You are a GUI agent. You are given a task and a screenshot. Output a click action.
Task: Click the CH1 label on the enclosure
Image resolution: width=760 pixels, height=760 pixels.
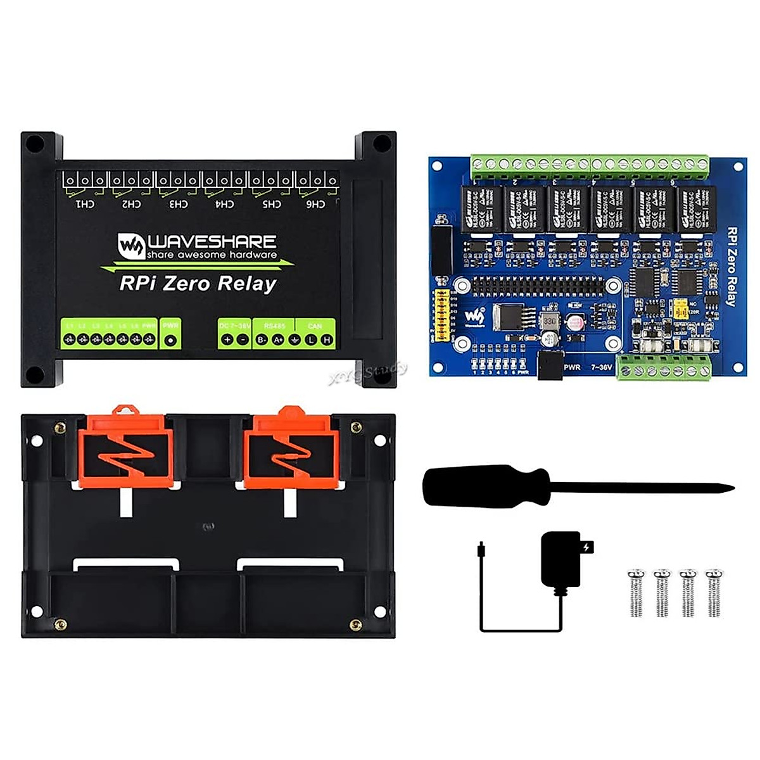point(85,204)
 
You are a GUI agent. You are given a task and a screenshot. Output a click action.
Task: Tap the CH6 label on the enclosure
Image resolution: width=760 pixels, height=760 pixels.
point(315,204)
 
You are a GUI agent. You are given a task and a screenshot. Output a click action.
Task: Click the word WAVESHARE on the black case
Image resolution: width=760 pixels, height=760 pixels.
point(212,241)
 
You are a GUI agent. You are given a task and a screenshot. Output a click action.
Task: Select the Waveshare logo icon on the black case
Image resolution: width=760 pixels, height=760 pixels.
point(131,246)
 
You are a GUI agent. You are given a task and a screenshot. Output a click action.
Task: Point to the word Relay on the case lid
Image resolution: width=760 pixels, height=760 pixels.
point(247,283)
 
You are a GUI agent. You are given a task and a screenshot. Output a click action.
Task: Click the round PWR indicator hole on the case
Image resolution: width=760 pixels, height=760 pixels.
point(170,340)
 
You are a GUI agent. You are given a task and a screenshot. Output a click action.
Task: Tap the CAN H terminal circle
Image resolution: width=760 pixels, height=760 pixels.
point(327,340)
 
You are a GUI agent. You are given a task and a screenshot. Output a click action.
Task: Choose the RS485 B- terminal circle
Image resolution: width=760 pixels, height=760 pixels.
point(262,340)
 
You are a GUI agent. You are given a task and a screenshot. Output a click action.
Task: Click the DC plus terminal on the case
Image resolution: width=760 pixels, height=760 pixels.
point(227,340)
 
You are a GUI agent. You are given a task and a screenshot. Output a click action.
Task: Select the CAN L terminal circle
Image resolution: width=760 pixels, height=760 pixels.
point(311,340)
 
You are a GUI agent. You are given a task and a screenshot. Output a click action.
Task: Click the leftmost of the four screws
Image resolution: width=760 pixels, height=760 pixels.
point(635,593)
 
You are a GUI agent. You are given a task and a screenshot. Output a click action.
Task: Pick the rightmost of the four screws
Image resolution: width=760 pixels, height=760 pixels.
point(714,593)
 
